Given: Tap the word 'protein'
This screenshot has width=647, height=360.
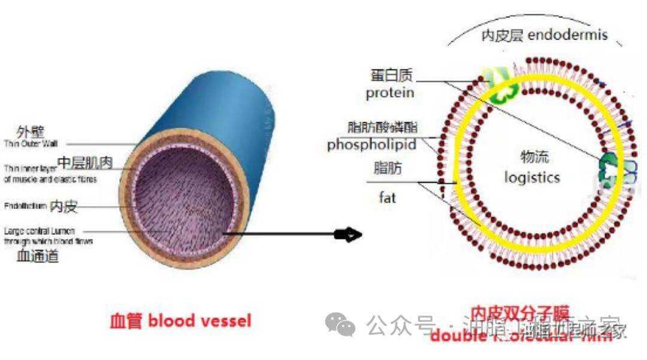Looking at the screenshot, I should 390,93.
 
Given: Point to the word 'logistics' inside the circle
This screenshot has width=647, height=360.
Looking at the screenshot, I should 532,177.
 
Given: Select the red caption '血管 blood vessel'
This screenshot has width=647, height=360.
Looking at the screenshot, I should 180,320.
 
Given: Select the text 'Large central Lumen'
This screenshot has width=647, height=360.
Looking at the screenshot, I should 40,231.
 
